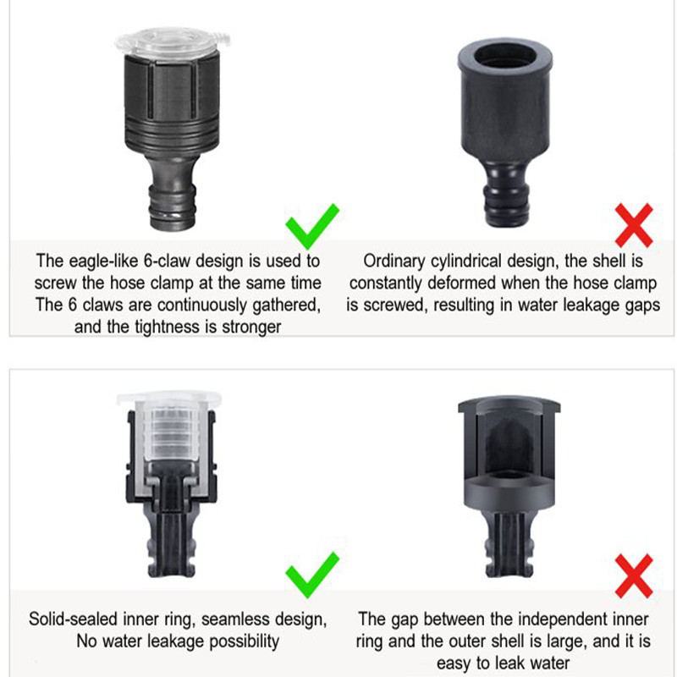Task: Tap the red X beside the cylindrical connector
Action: pos(634,225)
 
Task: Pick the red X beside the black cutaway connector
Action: pos(634,576)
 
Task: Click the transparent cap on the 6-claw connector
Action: pos(172,42)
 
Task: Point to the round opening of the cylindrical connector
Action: pos(505,56)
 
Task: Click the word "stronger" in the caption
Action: pos(251,327)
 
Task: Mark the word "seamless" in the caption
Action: pos(235,619)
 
